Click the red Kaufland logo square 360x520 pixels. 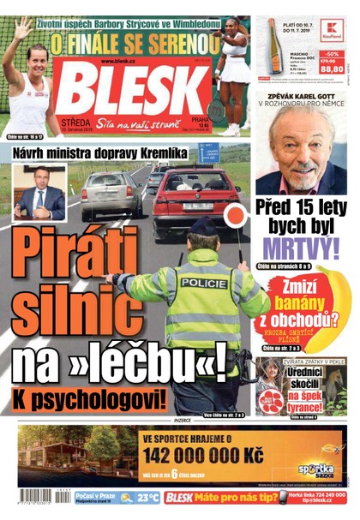(330, 31)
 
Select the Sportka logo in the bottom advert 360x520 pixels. (316, 469)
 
